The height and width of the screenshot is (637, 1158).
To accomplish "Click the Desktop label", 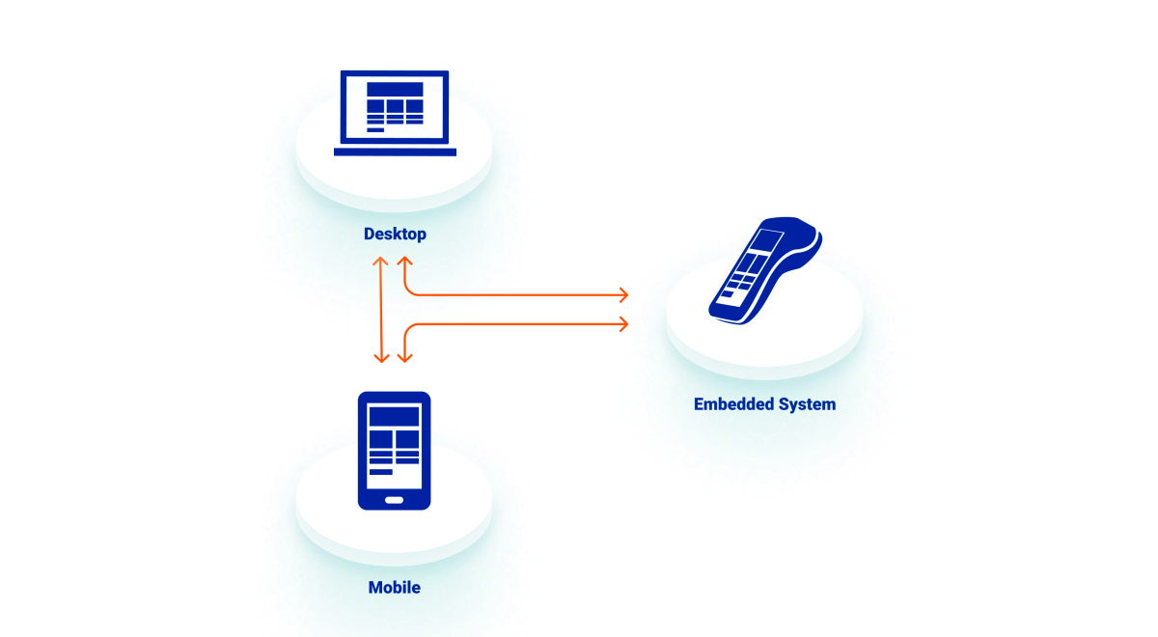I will tap(395, 234).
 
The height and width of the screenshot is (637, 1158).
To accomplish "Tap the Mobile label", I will tap(394, 587).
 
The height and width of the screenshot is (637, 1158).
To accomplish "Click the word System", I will tap(808, 404).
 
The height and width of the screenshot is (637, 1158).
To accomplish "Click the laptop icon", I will tap(395, 112).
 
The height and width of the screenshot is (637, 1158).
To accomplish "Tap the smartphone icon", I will tap(394, 450).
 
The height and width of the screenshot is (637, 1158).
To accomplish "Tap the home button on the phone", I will tap(394, 500).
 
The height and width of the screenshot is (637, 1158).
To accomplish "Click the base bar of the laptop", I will tap(395, 152).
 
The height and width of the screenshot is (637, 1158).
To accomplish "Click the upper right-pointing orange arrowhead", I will tap(623, 293).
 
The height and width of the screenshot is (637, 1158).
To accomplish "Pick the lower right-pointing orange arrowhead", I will tap(623, 323).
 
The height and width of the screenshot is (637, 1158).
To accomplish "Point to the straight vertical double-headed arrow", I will tap(382, 309).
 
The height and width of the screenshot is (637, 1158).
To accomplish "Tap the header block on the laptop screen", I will tap(395, 89).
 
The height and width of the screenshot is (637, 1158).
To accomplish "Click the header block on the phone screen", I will tap(394, 417).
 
